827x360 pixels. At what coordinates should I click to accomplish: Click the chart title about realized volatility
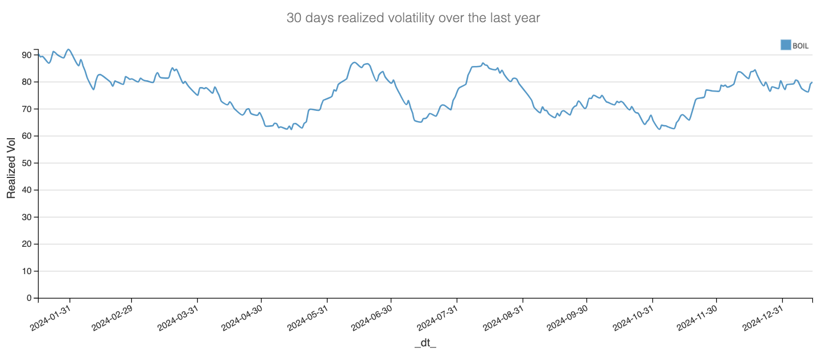click(413, 18)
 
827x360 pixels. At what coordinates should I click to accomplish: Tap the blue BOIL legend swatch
click(785, 45)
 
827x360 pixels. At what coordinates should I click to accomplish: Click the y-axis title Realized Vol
click(11, 168)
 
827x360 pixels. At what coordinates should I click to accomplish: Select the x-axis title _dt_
click(425, 343)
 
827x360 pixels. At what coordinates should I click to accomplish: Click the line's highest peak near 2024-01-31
click(69, 49)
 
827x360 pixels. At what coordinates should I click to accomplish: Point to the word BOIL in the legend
click(800, 45)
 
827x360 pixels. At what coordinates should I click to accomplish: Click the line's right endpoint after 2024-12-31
click(812, 82)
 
